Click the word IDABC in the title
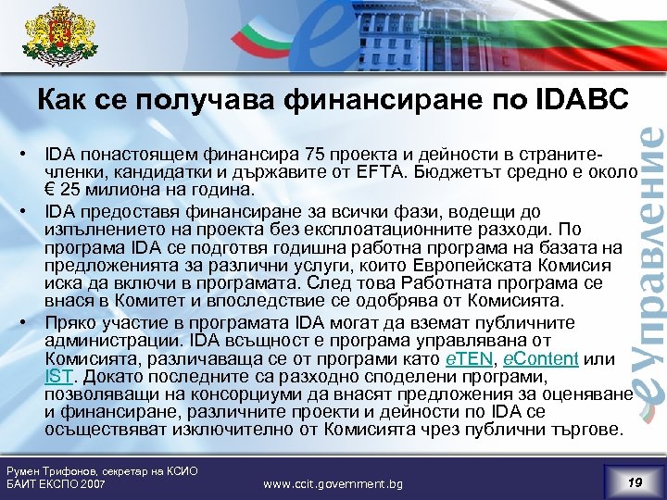[583, 98]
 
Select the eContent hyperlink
[540, 359]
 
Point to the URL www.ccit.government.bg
[333, 483]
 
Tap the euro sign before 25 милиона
[52, 191]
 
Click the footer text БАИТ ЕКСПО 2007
[56, 484]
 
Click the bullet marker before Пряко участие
[30, 323]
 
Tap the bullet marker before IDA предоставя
[30, 210]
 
